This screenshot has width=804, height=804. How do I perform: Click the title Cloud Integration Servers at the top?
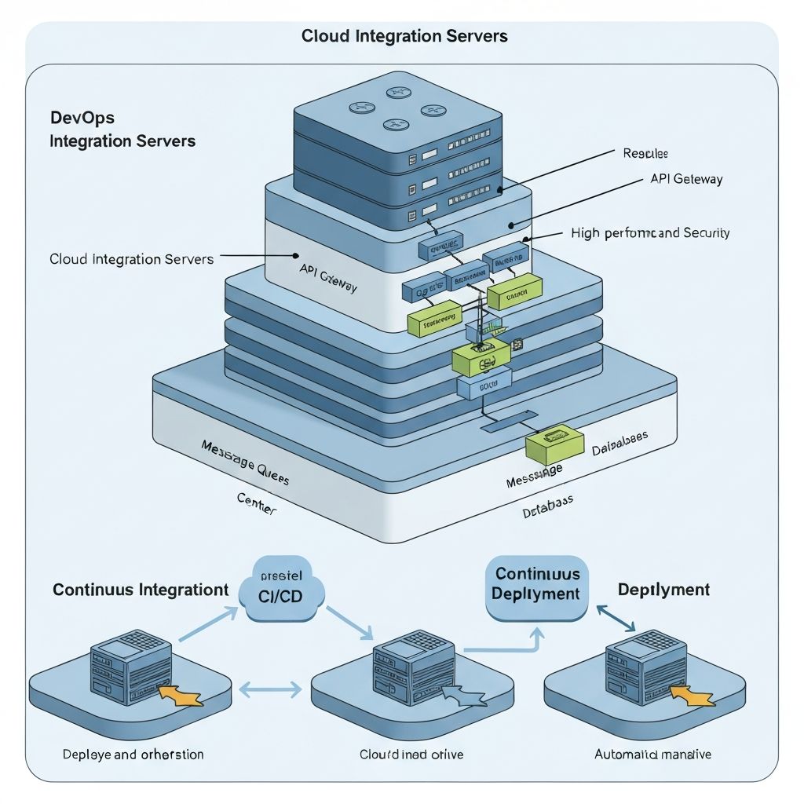tap(404, 36)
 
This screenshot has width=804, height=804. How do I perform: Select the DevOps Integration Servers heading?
tap(122, 130)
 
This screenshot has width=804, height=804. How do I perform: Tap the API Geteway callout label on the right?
tap(686, 179)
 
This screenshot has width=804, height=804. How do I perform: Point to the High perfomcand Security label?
tap(650, 232)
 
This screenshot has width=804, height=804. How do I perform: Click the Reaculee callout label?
tap(645, 153)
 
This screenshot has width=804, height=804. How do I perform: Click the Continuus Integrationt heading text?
tap(141, 590)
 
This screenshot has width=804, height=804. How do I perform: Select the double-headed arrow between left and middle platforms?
tap(269, 689)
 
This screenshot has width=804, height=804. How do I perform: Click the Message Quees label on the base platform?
tap(244, 463)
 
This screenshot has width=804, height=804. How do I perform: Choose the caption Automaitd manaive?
tap(653, 755)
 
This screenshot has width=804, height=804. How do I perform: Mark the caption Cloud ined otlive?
tap(411, 755)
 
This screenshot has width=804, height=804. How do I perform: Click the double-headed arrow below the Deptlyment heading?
tap(616, 616)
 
